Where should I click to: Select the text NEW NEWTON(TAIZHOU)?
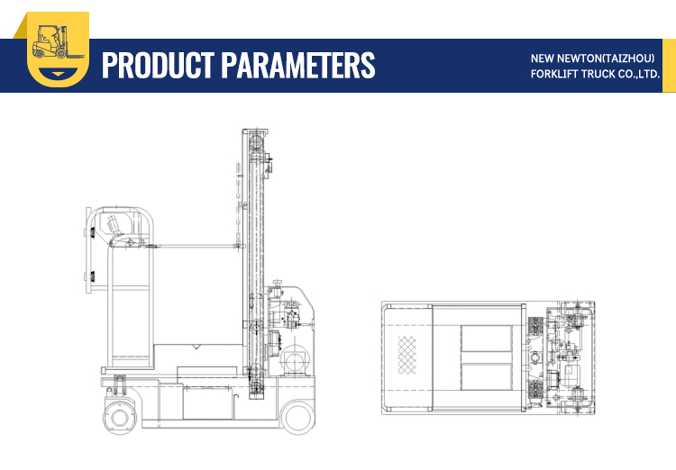point(593,59)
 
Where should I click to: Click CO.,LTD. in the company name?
point(636,74)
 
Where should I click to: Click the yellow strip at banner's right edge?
point(669,65)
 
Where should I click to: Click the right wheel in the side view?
point(297,416)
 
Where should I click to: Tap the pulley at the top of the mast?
point(257,141)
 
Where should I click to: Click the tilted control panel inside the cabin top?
point(116,224)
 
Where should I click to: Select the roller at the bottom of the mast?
point(257,387)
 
